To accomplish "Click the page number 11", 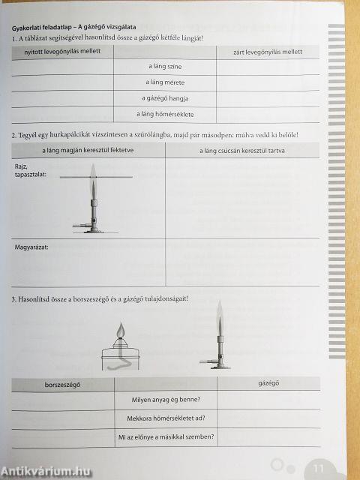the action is [318, 468].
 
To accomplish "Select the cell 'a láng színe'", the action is [165, 67].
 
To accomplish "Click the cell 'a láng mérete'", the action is [165, 82].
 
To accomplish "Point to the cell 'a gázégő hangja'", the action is [165, 98].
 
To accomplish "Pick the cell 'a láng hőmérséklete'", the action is [165, 114].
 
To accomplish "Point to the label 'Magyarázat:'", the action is [31, 245].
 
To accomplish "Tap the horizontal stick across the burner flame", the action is [93, 176].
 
